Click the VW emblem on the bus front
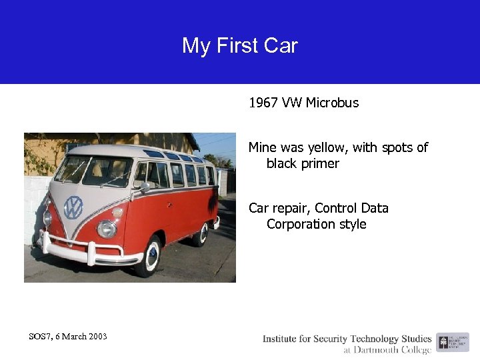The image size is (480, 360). [x=73, y=207]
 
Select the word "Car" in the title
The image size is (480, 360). [x=281, y=46]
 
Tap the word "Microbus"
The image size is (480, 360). [x=332, y=103]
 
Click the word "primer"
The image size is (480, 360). [x=318, y=163]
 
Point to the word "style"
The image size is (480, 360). [x=351, y=224]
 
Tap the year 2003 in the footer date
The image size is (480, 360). [x=95, y=336]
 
